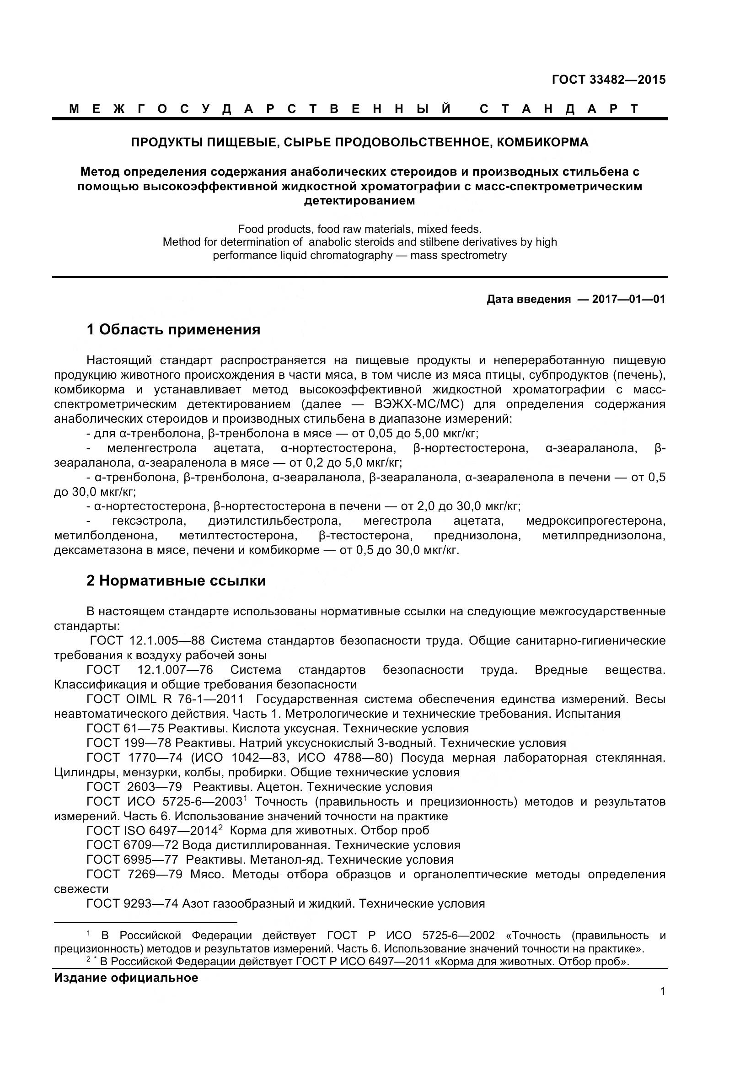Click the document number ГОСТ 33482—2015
click(608, 80)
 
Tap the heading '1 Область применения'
click(173, 330)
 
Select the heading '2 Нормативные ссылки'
click(176, 581)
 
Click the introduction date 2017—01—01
click(628, 299)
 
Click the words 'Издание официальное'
click(126, 978)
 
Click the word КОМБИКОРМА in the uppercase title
click(543, 143)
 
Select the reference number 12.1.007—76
click(175, 670)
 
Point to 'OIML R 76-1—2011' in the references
click(184, 699)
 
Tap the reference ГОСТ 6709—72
click(132, 845)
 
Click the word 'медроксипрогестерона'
click(595, 521)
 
